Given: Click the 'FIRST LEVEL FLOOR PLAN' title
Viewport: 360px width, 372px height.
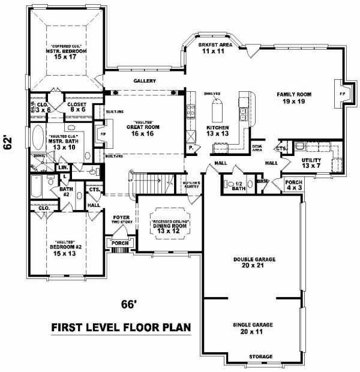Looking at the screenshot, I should click(121, 328).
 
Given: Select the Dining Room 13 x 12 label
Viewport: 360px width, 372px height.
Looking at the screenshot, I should click(170, 226).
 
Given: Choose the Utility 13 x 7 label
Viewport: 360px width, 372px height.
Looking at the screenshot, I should click(311, 163).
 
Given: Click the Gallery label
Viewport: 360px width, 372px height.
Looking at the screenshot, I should click(145, 81).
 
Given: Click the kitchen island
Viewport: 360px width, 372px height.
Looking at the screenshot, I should click(217, 110).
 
